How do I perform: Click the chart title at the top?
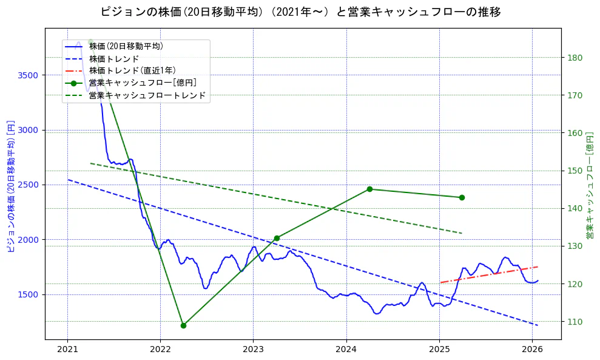(x=300, y=12)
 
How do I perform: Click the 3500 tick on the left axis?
(x=30, y=75)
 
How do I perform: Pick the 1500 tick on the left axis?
(x=30, y=294)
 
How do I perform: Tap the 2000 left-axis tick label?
(x=30, y=240)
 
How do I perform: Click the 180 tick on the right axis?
(x=575, y=58)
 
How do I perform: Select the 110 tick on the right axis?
(x=575, y=322)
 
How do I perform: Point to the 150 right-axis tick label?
(x=575, y=171)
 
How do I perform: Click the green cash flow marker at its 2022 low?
(x=183, y=325)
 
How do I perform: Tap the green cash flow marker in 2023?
(x=277, y=238)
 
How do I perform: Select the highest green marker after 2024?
(x=369, y=189)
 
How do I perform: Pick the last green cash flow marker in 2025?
(x=462, y=197)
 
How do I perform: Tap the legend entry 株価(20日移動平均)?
(x=126, y=46)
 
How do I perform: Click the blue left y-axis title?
(x=10, y=183)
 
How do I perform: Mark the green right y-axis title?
(x=590, y=183)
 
